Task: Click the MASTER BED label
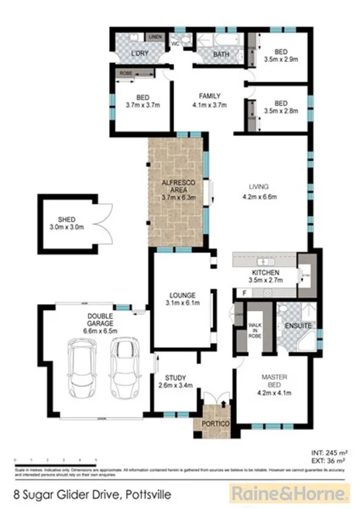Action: click(x=272, y=382)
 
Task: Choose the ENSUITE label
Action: click(x=298, y=326)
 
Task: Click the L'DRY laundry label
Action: click(x=139, y=53)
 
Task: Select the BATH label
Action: click(x=222, y=54)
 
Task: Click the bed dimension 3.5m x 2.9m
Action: click(x=280, y=59)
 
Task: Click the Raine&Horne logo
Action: click(x=286, y=492)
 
